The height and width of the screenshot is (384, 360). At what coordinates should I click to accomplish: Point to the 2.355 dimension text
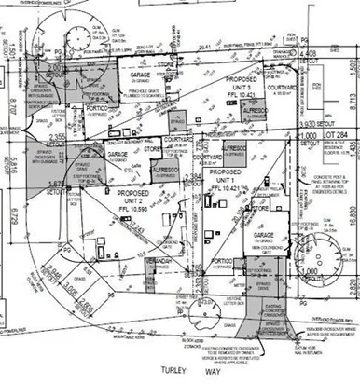click(x=58, y=137)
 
